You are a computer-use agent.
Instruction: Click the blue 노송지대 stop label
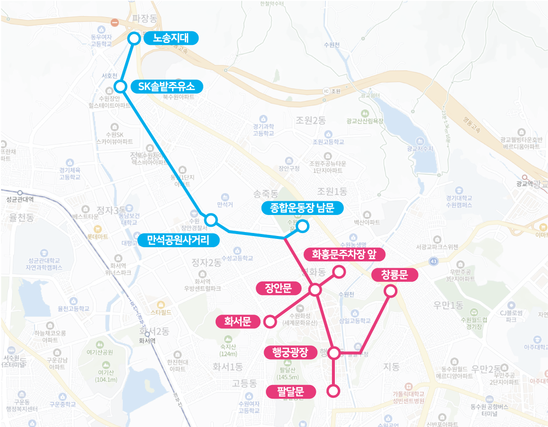pyautogui.click(x=172, y=38)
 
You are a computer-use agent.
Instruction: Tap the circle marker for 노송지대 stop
pyautogui.click(x=133, y=38)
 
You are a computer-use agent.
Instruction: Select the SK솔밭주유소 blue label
pyautogui.click(x=166, y=86)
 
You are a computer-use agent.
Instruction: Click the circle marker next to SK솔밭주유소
pyautogui.click(x=120, y=86)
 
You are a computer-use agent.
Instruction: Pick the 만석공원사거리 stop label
pyautogui.click(x=178, y=240)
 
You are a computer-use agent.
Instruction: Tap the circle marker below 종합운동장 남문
pyautogui.click(x=303, y=226)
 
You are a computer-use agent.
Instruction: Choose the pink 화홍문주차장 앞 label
pyautogui.click(x=345, y=254)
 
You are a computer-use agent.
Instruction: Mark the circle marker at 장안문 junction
pyautogui.click(x=315, y=290)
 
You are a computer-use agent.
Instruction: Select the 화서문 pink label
pyautogui.click(x=238, y=321)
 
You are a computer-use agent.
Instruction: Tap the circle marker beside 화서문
pyautogui.click(x=269, y=321)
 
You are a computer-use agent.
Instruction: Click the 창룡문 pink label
pyautogui.click(x=396, y=275)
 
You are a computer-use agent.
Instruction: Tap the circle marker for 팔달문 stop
pyautogui.click(x=333, y=391)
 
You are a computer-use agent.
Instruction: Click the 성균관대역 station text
pyautogui.click(x=20, y=199)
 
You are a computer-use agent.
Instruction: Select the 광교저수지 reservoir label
pyautogui.click(x=420, y=148)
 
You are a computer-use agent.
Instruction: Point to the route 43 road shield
pyautogui.click(x=434, y=262)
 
